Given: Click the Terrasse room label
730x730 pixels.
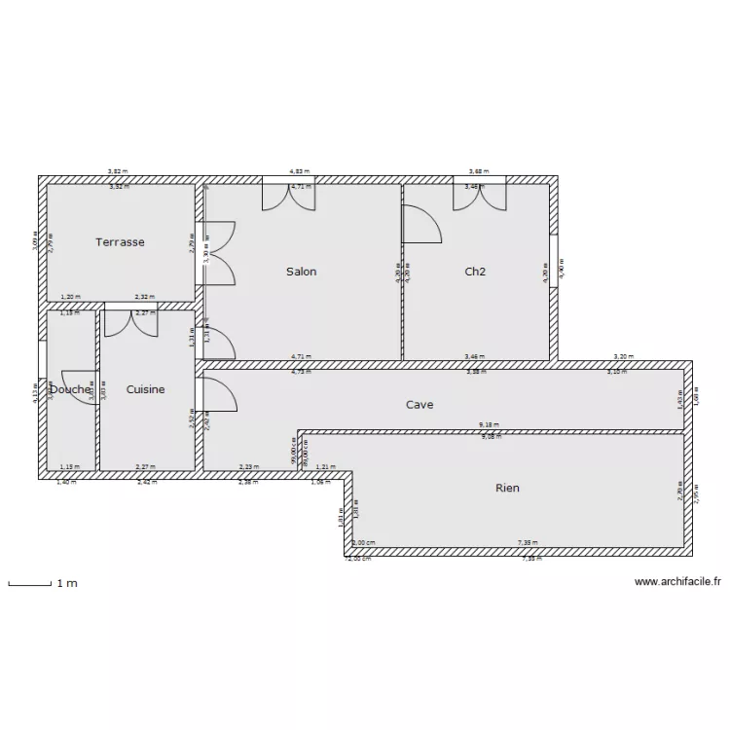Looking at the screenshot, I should coord(120,242).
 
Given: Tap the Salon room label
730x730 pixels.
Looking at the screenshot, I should coord(301,272).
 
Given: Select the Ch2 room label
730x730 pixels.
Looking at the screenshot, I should coord(475,272).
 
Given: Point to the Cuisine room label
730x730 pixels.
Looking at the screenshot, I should coord(146,389).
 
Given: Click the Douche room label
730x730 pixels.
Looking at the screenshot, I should coord(70,389).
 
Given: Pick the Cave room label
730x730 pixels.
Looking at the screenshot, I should coord(420,404).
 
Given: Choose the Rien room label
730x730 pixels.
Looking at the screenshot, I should coord(506,488).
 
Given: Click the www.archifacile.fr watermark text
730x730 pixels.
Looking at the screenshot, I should coord(677,582).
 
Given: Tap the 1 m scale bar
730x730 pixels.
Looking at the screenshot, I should coord(30,584).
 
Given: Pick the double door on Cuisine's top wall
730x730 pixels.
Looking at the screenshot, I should coord(130,322).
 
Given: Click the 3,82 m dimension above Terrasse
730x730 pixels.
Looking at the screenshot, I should coord(118,171).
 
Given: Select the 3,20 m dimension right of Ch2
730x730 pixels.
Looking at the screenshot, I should coord(623,357).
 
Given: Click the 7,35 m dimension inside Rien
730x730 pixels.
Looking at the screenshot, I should coord(526,543).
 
